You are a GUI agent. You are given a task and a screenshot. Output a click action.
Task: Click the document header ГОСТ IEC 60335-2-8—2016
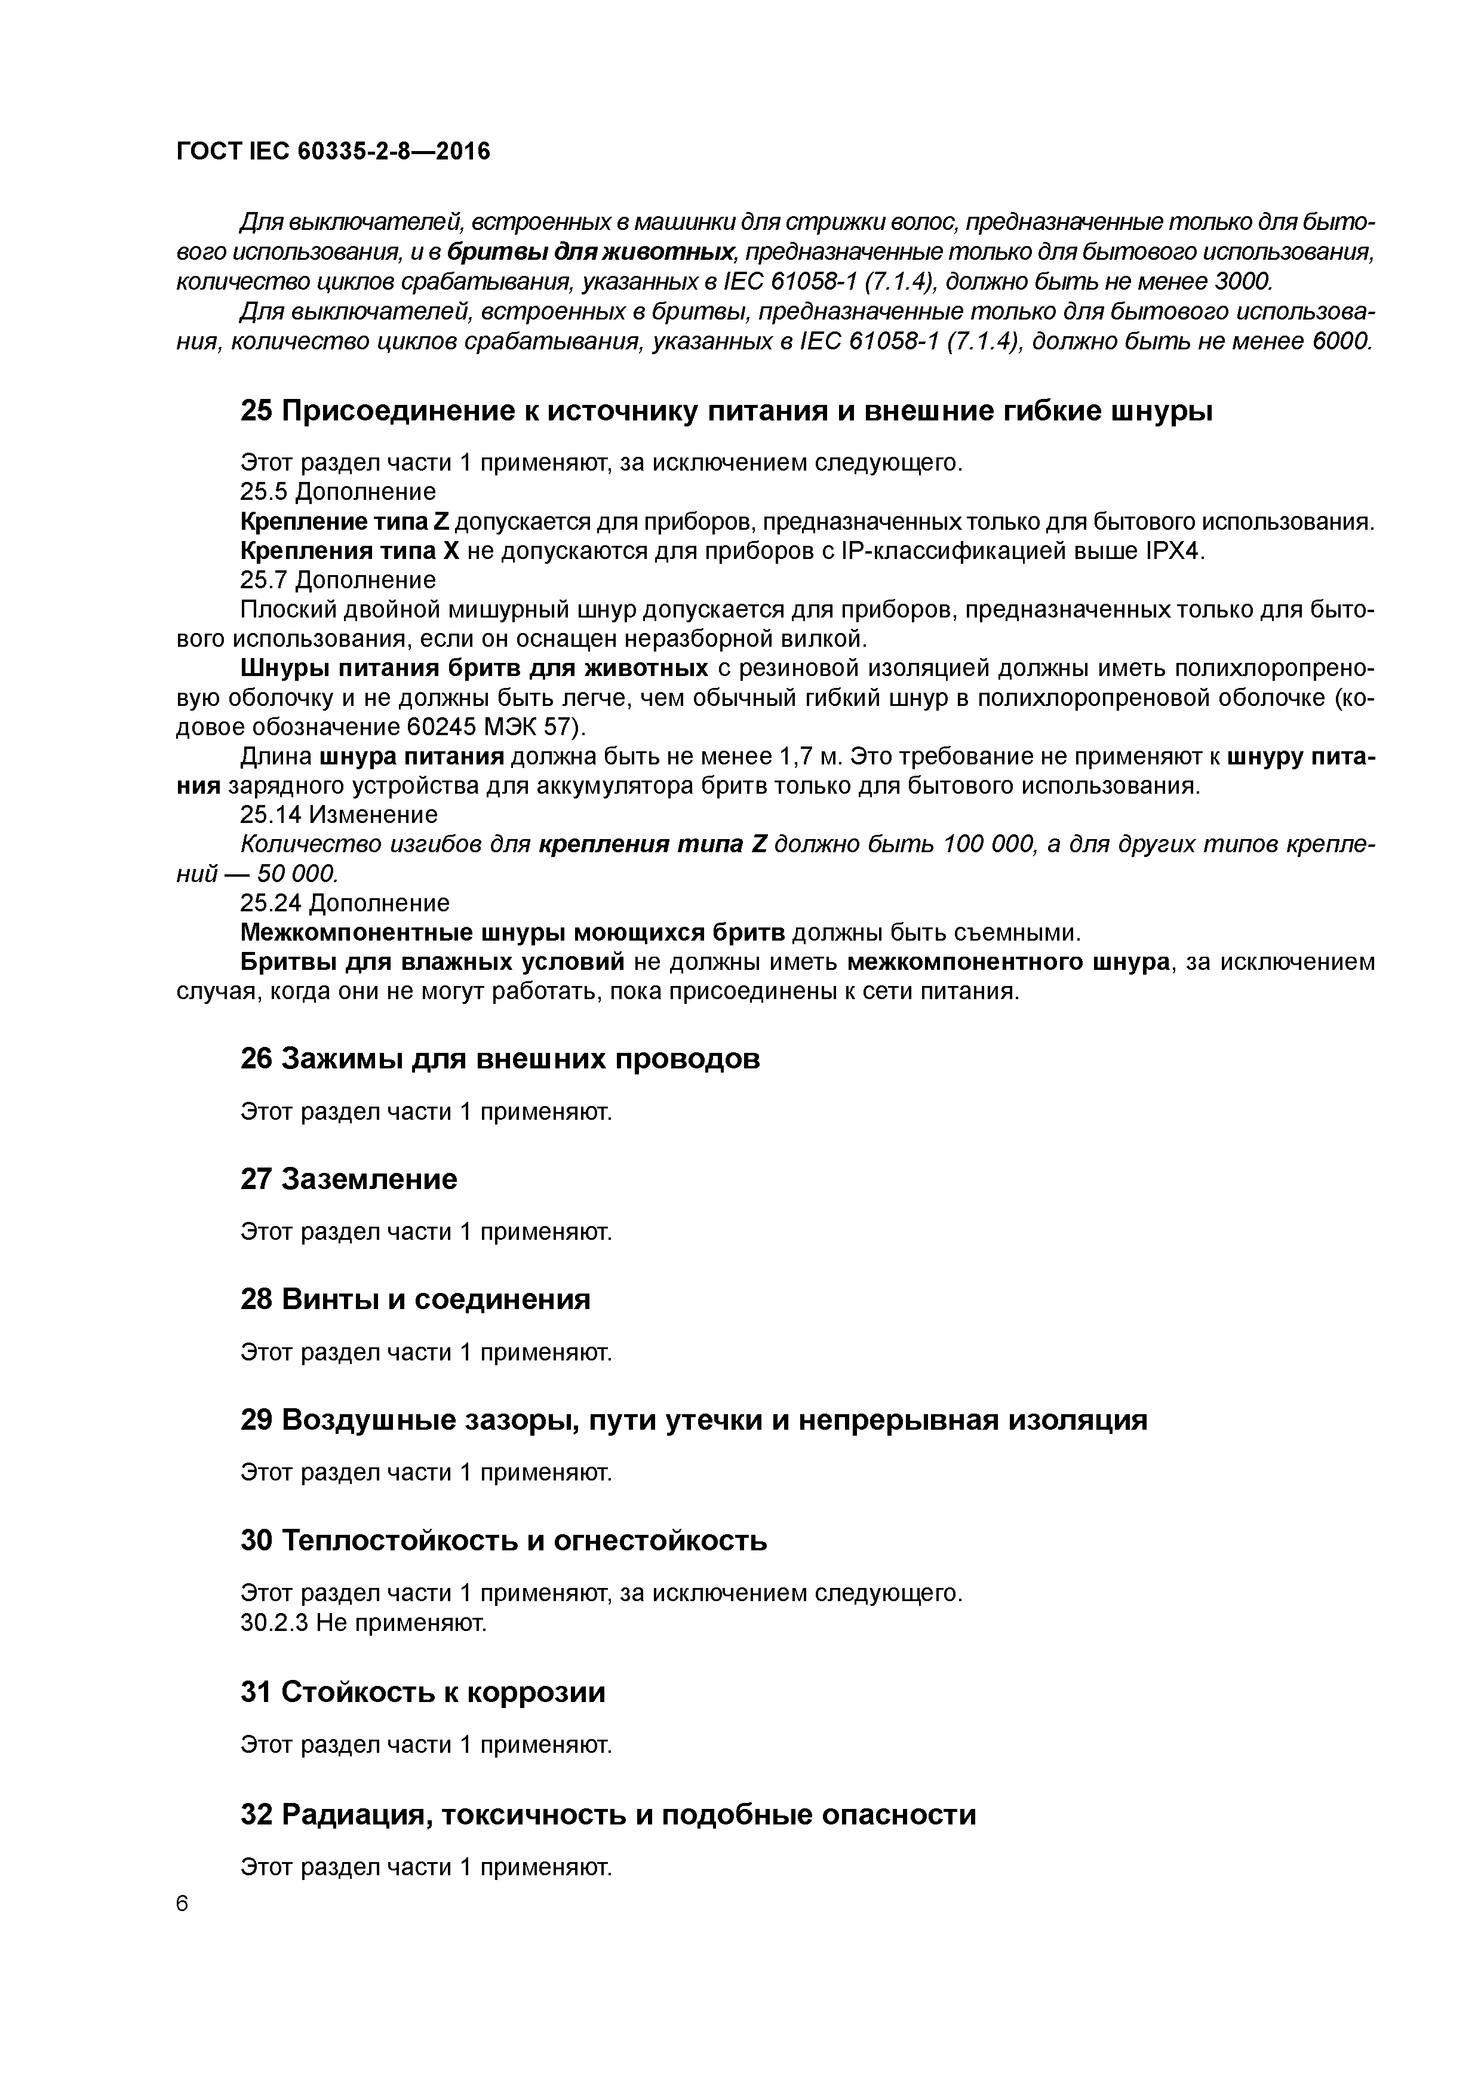coord(333,152)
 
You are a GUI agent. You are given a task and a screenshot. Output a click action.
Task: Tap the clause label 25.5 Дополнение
coord(337,492)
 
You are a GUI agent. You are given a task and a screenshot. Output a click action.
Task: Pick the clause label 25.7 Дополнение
coord(337,580)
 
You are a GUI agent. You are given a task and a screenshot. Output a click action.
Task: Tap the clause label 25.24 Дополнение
coord(345,904)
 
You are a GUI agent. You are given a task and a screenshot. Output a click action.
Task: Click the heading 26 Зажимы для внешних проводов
coord(500,1059)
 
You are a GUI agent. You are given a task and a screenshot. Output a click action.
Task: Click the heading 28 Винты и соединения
coord(415,1300)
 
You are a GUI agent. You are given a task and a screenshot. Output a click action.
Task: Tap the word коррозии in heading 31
coord(536,1692)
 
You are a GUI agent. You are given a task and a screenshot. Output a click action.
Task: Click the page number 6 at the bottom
coord(182,1903)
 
